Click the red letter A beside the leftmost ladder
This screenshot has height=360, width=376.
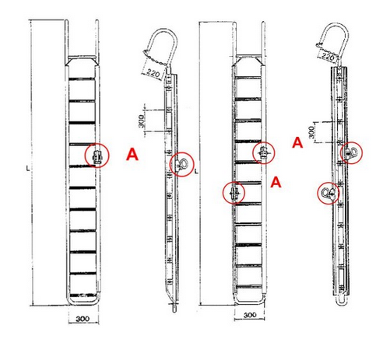(x=132, y=155)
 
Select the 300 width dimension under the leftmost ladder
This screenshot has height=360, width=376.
(x=83, y=319)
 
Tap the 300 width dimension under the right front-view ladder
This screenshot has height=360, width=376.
(x=250, y=315)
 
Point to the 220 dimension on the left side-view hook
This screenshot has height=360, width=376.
(x=153, y=73)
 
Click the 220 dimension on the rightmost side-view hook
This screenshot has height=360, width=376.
(x=328, y=56)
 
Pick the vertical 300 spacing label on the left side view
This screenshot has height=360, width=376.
(x=141, y=121)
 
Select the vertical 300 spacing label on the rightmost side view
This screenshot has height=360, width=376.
(x=311, y=132)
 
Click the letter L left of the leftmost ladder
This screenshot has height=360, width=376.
(x=28, y=169)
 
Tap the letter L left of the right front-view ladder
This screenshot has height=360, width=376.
(x=196, y=171)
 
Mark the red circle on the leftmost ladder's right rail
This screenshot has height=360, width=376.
(x=97, y=156)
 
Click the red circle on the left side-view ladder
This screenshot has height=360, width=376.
(x=181, y=165)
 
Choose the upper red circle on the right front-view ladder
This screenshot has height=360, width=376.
(x=264, y=153)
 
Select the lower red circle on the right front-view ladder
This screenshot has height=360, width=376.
(x=234, y=193)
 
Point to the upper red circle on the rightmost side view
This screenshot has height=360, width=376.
(x=351, y=153)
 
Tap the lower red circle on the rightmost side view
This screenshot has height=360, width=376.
(x=329, y=193)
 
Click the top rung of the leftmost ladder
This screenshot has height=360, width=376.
(x=82, y=79)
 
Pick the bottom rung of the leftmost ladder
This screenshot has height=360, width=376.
(x=83, y=295)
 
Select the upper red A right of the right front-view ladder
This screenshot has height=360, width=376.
(x=297, y=142)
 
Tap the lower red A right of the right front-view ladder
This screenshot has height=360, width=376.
(x=276, y=182)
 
